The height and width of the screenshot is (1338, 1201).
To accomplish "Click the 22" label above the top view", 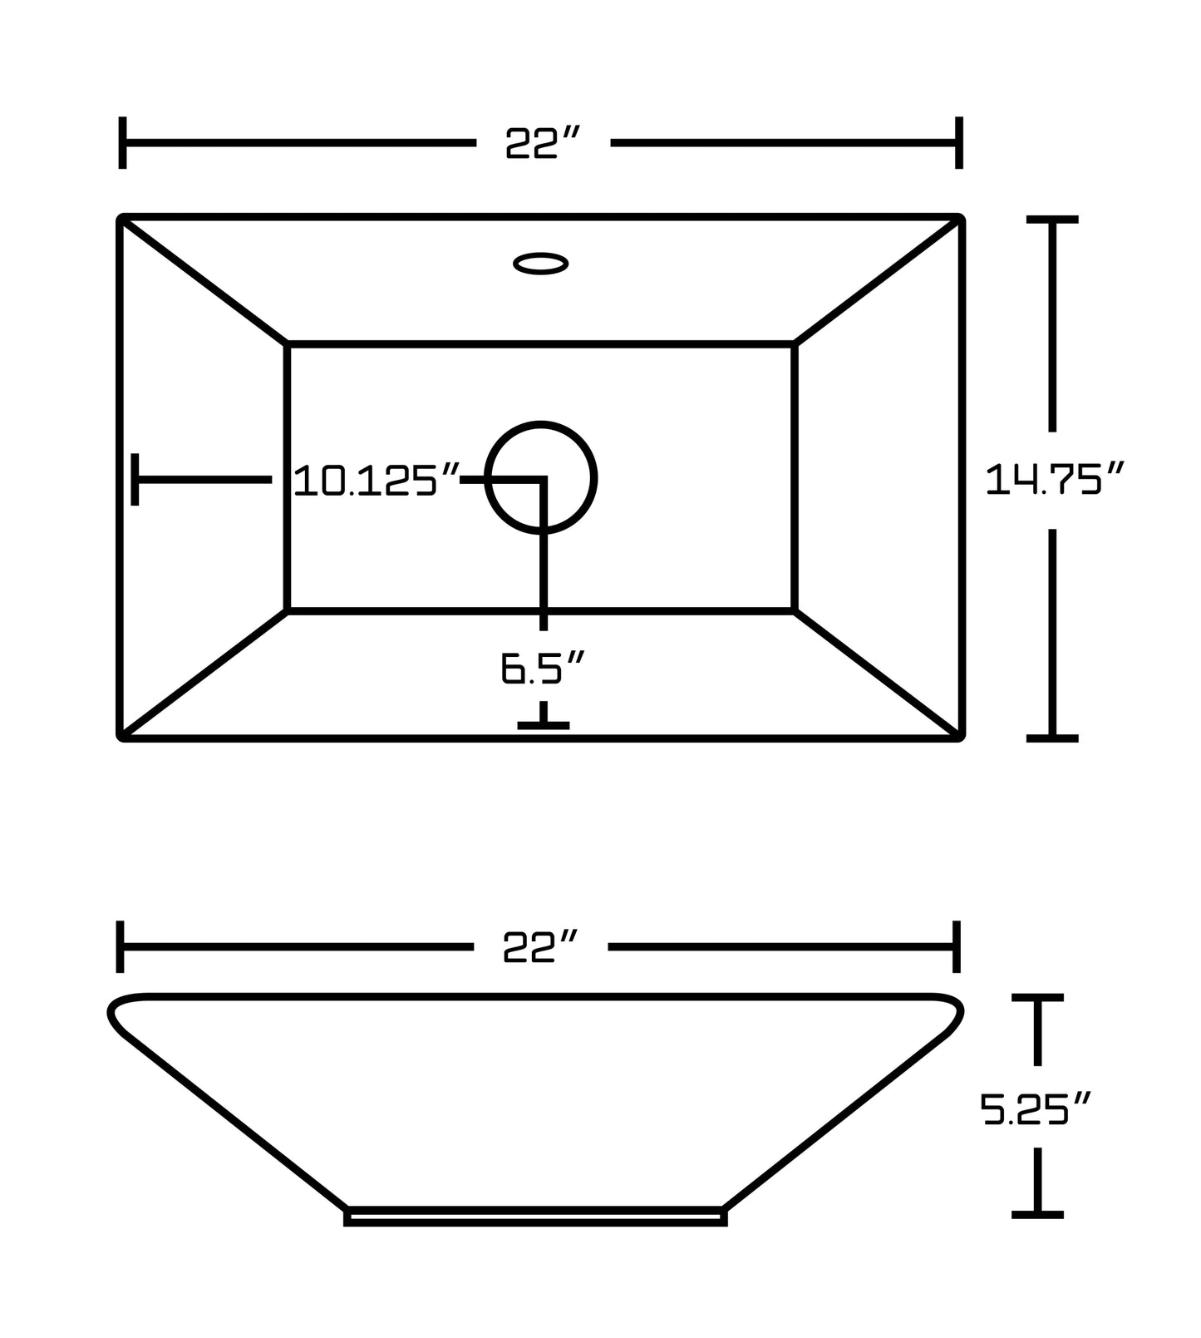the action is [x=542, y=143].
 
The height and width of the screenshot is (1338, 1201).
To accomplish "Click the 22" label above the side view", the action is [x=540, y=946].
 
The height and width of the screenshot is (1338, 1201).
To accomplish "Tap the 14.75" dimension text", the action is [x=1054, y=479].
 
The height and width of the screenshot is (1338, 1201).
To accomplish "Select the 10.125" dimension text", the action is [x=377, y=481].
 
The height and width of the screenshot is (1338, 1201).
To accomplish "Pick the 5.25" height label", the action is [x=1035, y=1108].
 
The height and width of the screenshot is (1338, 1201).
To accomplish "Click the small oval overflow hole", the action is [x=541, y=264].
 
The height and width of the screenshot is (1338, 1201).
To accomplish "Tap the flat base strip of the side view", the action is [x=536, y=1217].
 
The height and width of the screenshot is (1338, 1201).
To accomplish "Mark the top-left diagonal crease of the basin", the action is [x=204, y=280].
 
